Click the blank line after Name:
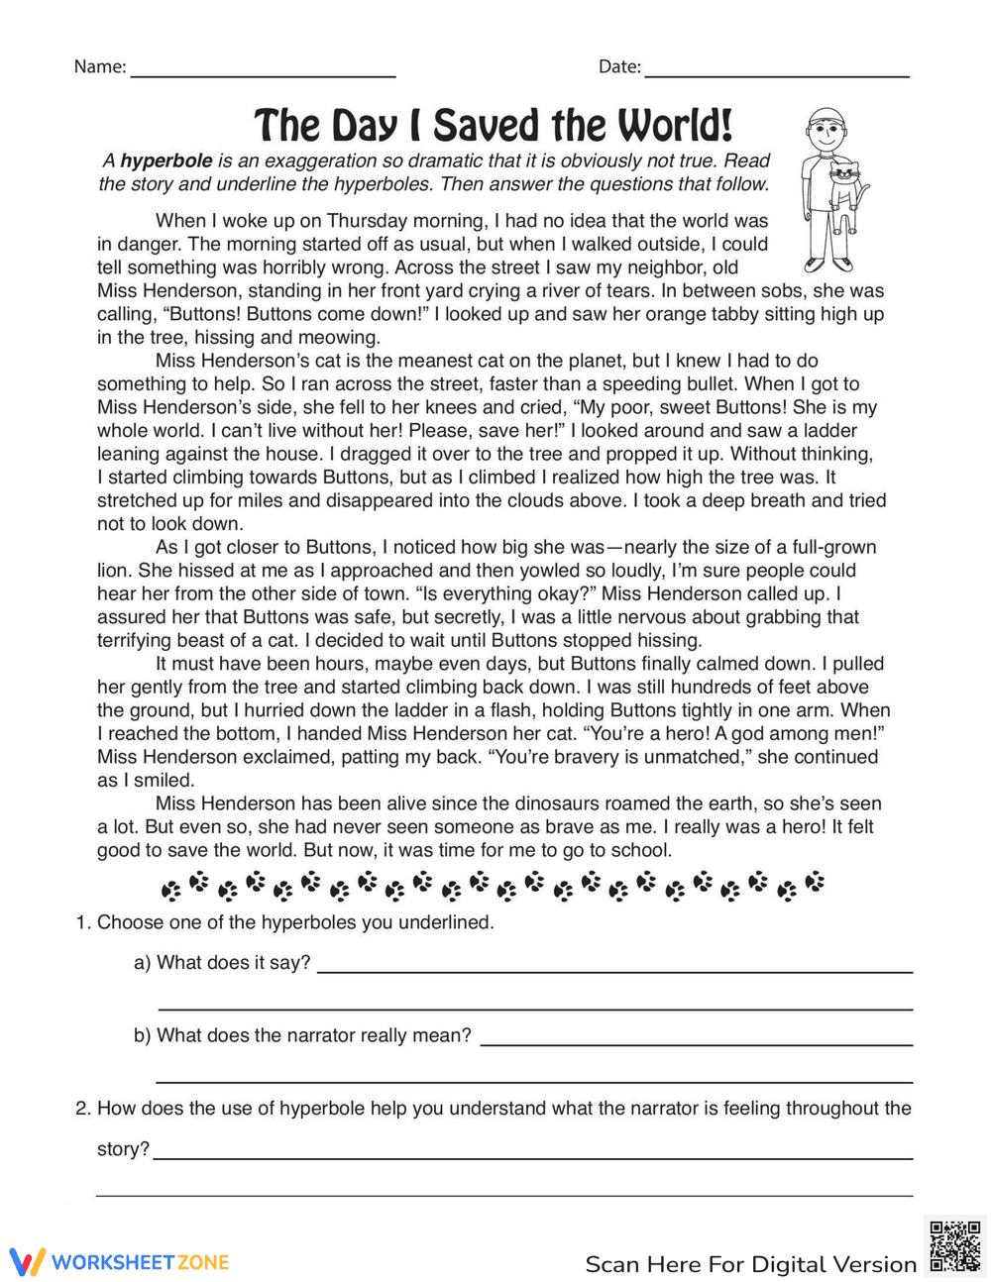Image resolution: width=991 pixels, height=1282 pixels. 263,74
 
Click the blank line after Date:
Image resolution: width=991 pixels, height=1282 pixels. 777,74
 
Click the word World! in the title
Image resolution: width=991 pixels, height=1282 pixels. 675,127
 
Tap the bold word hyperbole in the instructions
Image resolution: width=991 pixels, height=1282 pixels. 165,160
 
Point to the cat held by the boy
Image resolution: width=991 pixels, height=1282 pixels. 844,186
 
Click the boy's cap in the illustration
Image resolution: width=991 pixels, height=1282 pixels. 826,120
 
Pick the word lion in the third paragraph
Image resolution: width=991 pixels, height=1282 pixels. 113,571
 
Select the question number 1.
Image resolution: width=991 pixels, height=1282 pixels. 82,922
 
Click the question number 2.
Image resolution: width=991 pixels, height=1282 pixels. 82,1109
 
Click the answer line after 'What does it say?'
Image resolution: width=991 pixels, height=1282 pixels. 614,971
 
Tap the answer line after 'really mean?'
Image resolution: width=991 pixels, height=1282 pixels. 696,1043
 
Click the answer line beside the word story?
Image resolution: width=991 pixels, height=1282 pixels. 533,1156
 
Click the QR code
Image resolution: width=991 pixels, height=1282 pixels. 954,1245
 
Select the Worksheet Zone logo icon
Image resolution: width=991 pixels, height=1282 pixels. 28,1261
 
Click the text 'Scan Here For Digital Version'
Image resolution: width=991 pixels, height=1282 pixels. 750,1264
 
